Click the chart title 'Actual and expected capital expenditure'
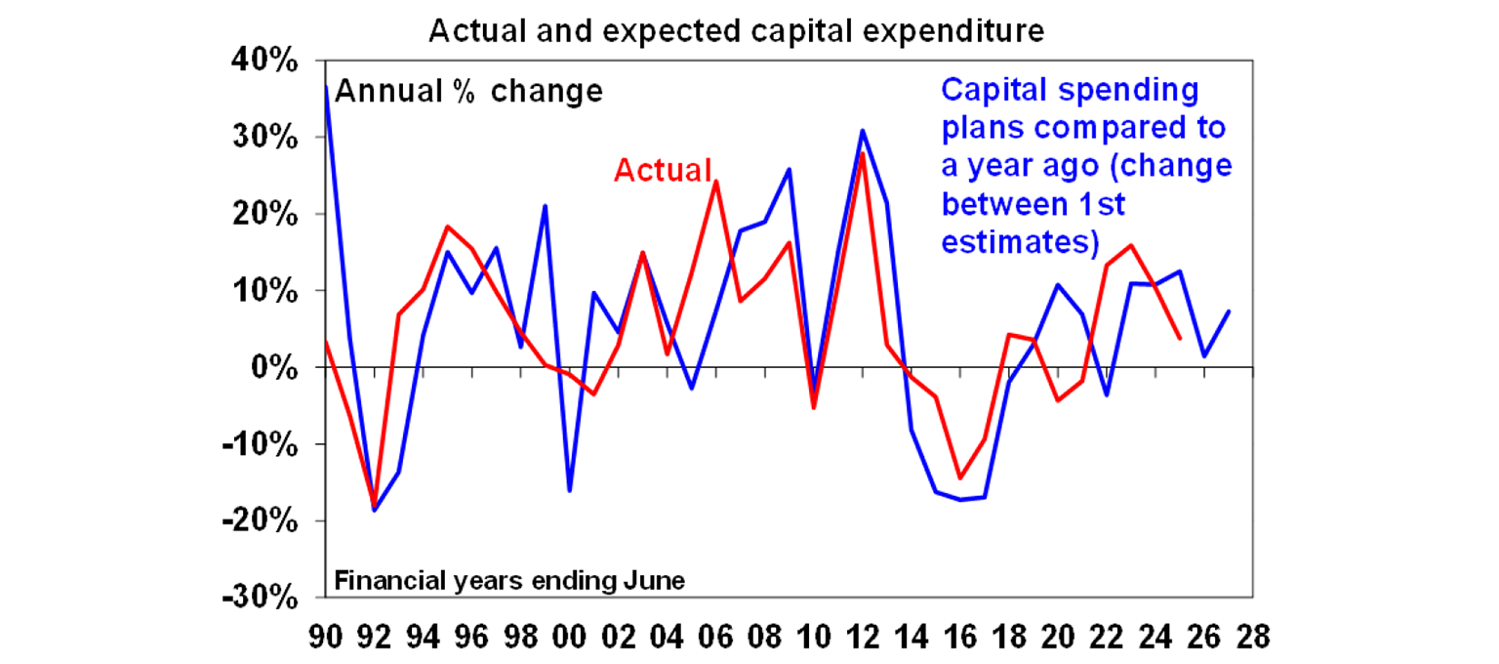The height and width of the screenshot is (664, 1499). click(x=737, y=31)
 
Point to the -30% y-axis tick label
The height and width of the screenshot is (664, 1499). click(x=263, y=598)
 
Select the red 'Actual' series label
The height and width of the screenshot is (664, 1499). click(x=663, y=171)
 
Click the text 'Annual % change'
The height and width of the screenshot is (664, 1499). click(x=468, y=92)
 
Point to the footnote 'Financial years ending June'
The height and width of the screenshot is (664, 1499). click(x=509, y=581)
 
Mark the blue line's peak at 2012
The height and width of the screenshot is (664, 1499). click(x=862, y=130)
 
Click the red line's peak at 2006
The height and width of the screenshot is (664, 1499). click(x=715, y=181)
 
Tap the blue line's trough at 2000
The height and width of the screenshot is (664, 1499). click(x=569, y=490)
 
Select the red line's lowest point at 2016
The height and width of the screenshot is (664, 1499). click(x=959, y=477)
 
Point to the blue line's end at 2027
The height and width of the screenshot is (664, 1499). click(x=1229, y=311)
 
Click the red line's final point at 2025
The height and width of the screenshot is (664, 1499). click(x=1180, y=338)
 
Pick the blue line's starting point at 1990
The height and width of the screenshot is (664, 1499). click(x=326, y=87)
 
